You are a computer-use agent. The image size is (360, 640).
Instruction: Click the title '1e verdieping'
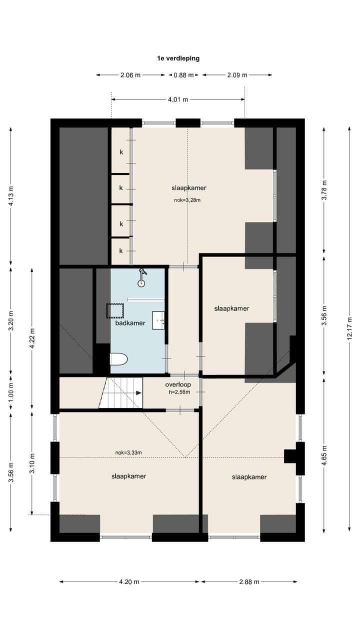pyautogui.click(x=178, y=58)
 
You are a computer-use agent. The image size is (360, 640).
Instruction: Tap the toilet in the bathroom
pyautogui.click(x=118, y=359)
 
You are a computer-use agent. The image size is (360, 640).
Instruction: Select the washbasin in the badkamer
pyautogui.click(x=158, y=320)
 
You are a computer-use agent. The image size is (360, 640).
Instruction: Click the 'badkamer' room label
pyautogui.click(x=130, y=323)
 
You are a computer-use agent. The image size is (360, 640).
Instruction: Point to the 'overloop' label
pyautogui.click(x=178, y=384)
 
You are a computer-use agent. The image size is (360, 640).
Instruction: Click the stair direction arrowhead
pyautogui.click(x=139, y=393)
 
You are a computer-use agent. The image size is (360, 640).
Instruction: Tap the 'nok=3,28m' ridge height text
pyautogui.click(x=187, y=200)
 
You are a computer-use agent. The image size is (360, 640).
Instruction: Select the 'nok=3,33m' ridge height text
pyautogui.click(x=128, y=452)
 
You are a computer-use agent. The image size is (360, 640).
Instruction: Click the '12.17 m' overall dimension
pyautogui.click(x=349, y=328)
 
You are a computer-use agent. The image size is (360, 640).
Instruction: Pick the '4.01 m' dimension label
pyautogui.click(x=178, y=99)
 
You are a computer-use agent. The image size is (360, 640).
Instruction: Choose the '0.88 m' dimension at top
pyautogui.click(x=183, y=75)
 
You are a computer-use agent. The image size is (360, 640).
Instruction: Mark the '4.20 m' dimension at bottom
pyautogui.click(x=129, y=581)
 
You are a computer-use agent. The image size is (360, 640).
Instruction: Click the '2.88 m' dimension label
pyautogui.click(x=249, y=581)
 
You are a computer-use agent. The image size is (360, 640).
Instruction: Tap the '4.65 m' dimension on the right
pyautogui.click(x=324, y=455)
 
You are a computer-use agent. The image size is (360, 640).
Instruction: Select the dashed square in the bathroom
pyautogui.click(x=115, y=311)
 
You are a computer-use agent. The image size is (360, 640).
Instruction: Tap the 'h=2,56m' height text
pyautogui.click(x=179, y=392)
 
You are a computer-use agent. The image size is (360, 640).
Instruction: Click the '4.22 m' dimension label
pyautogui.click(x=32, y=338)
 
